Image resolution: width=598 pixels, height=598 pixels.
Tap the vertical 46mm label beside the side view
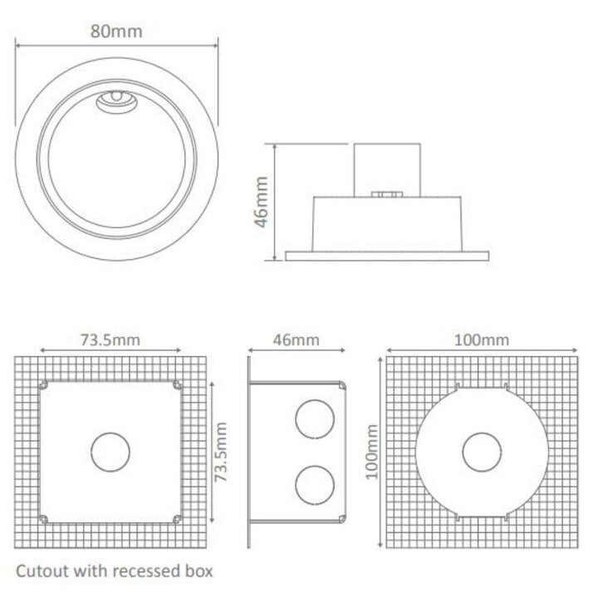pos(262,201)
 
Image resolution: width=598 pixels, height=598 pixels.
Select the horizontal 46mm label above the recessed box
pos(296,339)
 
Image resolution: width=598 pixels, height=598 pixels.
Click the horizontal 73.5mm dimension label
pos(110,339)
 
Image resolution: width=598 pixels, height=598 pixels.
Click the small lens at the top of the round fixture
pos(117,100)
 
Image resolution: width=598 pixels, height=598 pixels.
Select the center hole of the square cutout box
pos(110,452)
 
